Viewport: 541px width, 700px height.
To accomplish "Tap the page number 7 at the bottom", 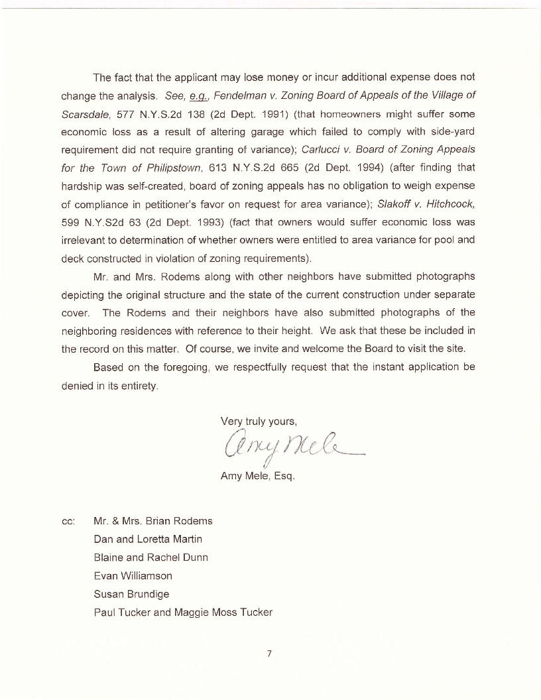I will (270, 654).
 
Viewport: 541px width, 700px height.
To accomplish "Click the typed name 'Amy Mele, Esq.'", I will (257, 476).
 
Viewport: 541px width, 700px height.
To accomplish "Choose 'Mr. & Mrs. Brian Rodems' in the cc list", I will (152, 521).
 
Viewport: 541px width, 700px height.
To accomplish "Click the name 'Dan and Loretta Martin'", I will (148, 539).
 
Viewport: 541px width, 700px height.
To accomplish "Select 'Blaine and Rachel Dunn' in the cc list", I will (150, 557).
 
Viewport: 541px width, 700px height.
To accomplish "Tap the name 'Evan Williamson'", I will (133, 575).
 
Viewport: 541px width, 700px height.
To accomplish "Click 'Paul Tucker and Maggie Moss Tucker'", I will (183, 612).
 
